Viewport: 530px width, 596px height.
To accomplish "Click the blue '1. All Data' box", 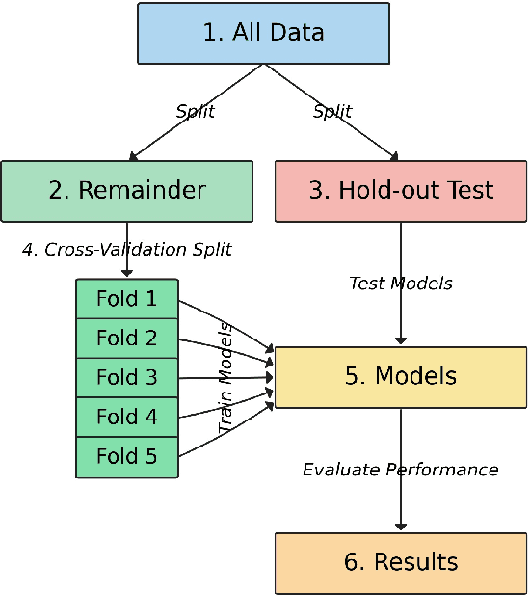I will click(x=263, y=33).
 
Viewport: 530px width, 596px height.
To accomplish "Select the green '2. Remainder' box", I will click(x=126, y=190).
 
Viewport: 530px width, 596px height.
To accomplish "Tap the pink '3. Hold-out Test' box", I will click(x=401, y=190).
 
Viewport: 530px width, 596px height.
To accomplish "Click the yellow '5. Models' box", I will click(x=401, y=376).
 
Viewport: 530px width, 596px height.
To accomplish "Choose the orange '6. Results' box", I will click(x=401, y=562).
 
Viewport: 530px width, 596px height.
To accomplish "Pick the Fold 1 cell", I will click(x=127, y=298).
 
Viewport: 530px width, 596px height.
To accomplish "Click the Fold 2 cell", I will click(x=127, y=338).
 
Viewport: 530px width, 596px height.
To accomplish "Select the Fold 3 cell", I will click(x=127, y=377).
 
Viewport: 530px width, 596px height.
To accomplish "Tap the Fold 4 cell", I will click(x=127, y=417).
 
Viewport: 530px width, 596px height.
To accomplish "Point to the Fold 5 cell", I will click(x=127, y=456).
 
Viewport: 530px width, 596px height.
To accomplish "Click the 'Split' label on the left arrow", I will click(x=195, y=111).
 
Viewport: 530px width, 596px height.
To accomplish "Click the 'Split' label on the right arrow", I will click(x=332, y=111).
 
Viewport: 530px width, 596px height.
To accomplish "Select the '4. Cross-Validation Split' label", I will click(x=127, y=249).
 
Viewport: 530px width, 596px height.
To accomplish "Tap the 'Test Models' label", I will click(x=401, y=284).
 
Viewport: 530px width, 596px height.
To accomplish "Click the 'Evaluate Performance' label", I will click(x=401, y=470).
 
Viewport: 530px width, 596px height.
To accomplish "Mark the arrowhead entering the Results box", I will click(x=401, y=527).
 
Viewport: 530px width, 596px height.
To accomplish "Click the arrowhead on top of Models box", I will click(x=401, y=340).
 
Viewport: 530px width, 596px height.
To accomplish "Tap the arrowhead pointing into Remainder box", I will click(x=135, y=155).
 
